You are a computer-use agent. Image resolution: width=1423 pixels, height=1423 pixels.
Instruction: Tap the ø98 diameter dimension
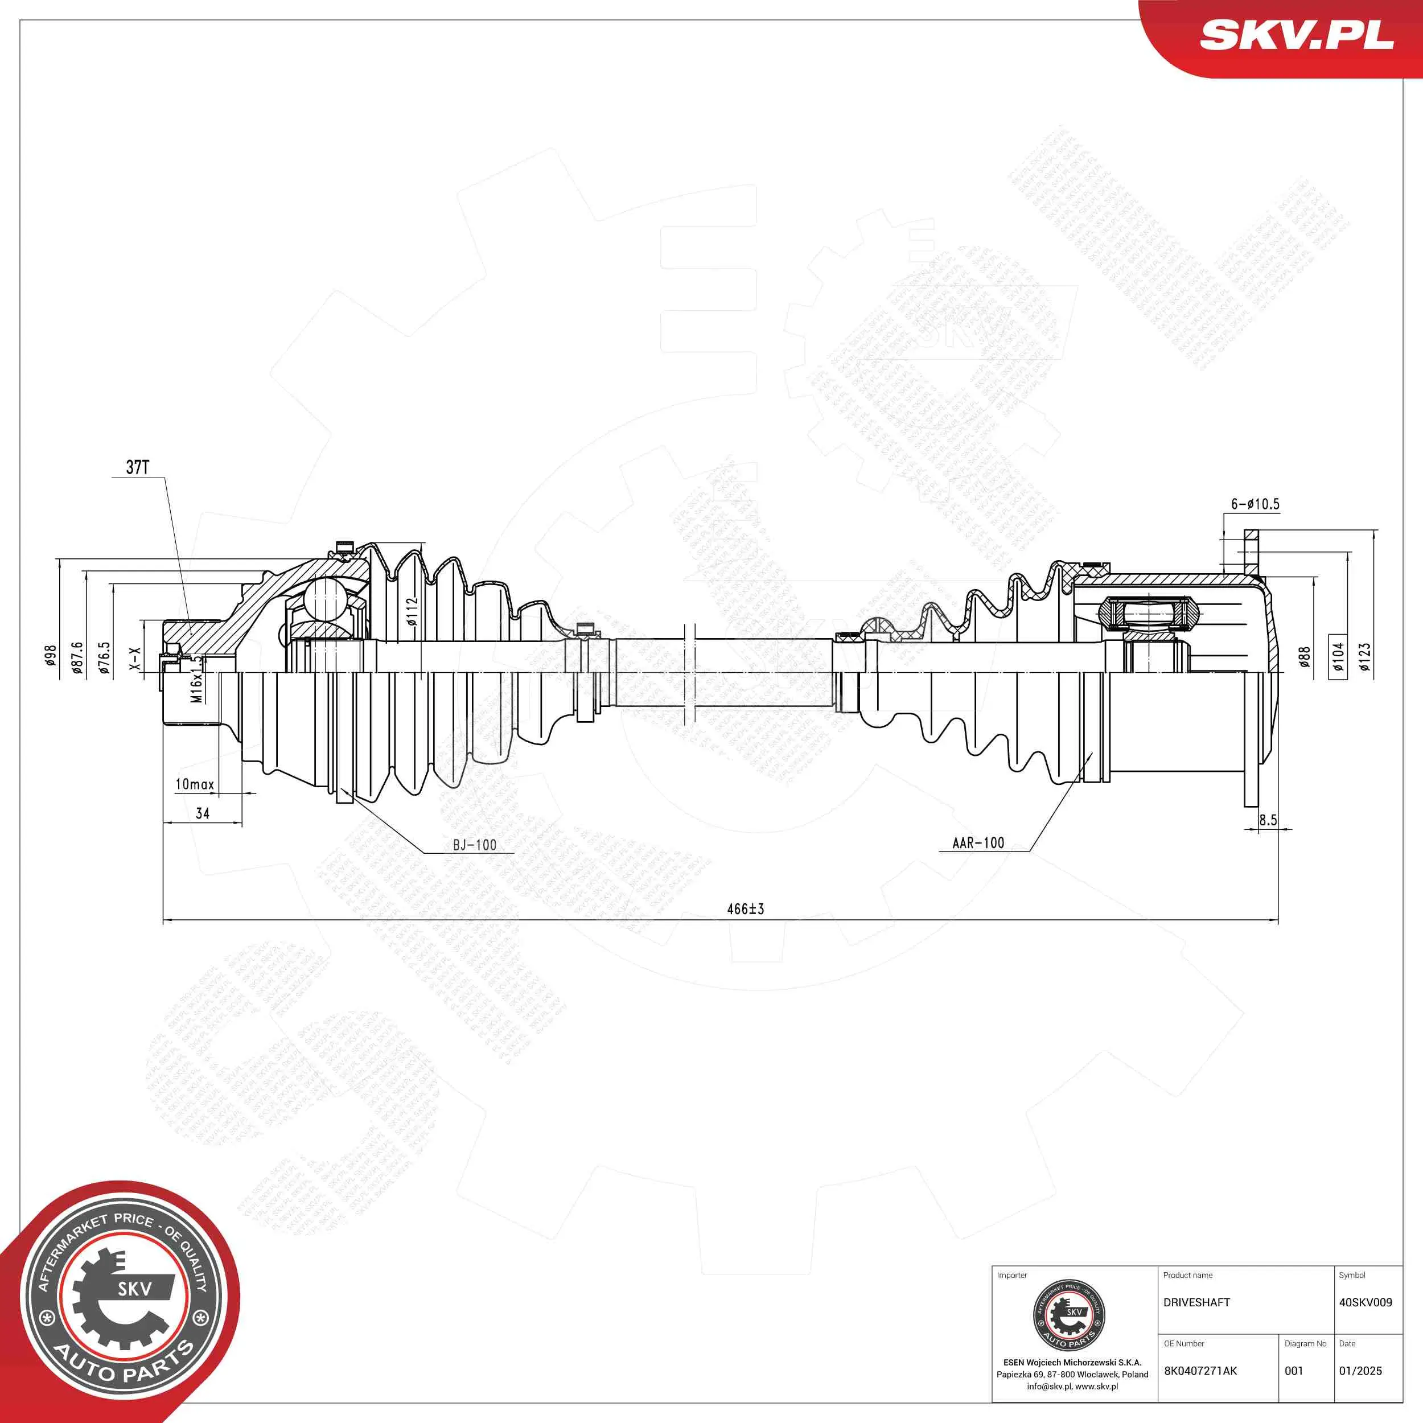pos(50,656)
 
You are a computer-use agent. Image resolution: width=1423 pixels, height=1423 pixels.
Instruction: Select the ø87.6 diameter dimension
pos(77,659)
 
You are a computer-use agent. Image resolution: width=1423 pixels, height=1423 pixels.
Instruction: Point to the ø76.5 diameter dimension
pos(105,659)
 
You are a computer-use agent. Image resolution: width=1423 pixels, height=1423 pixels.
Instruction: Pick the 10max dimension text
pos(195,784)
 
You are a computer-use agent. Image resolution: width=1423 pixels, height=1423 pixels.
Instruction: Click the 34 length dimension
pos(203,813)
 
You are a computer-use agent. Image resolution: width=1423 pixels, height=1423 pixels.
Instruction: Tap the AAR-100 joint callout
pos(978,842)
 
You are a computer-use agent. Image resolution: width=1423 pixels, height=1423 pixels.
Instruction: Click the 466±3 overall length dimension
pos(746,909)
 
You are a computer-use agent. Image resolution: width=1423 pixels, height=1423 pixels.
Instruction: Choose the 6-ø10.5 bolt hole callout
pos(1255,504)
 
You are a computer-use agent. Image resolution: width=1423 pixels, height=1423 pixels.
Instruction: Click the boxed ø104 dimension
pos(1338,656)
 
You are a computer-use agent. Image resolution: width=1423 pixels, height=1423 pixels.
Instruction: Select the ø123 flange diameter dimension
pos(1365,657)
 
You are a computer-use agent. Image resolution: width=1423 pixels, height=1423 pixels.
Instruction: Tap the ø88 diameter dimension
pos(1305,657)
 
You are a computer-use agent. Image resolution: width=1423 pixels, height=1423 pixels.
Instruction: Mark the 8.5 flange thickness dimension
pos(1268,820)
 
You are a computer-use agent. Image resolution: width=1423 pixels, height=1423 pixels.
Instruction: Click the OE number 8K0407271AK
pos(1200,1371)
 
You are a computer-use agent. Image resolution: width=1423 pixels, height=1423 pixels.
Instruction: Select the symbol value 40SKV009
pos(1366,1302)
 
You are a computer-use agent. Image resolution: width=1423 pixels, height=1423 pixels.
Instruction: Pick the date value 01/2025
pos(1360,1371)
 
